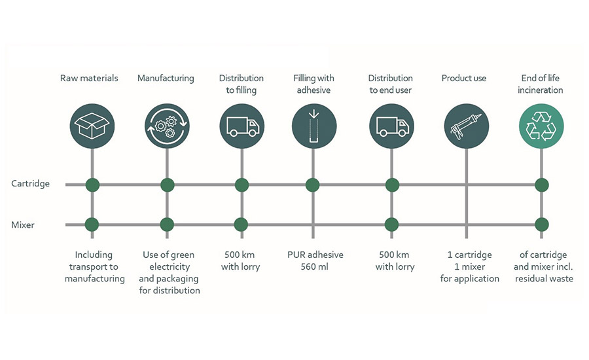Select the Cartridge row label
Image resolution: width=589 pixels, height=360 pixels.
tap(31, 184)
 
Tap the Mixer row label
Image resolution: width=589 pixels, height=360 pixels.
tap(23, 225)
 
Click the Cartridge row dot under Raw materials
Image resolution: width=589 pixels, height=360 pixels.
tap(92, 185)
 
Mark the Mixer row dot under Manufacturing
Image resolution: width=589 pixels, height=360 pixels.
tap(167, 225)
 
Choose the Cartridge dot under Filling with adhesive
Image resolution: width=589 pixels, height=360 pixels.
tap(313, 185)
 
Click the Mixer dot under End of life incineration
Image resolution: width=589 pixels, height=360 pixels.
tap(541, 225)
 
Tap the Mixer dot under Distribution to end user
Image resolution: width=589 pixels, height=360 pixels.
tap(391, 225)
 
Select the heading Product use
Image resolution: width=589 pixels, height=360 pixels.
tap(463, 78)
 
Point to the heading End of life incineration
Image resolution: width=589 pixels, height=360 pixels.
tap(541, 84)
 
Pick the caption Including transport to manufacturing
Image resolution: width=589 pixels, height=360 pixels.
tap(94, 266)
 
